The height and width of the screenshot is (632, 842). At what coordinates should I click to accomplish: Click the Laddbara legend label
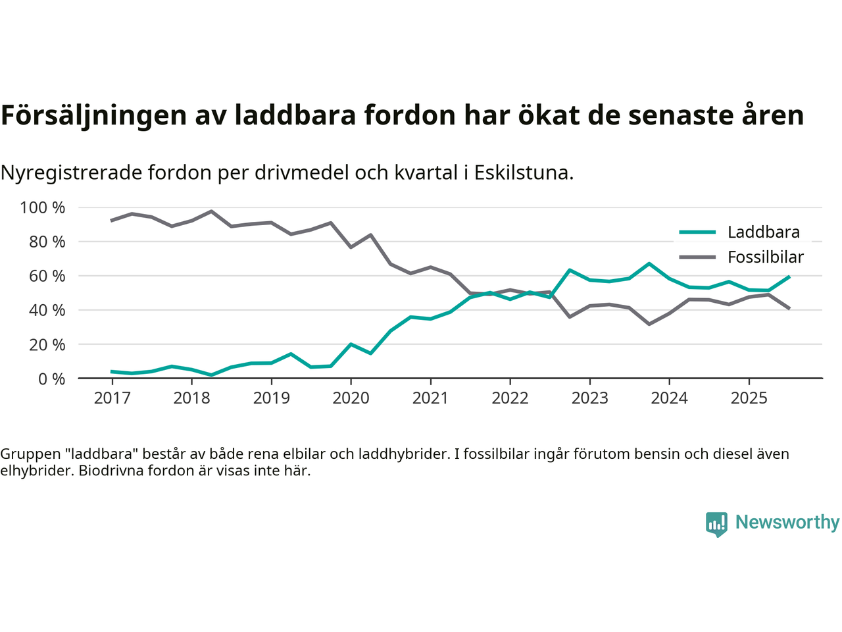click(x=763, y=232)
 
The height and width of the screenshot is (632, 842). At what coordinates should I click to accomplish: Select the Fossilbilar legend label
click(x=765, y=257)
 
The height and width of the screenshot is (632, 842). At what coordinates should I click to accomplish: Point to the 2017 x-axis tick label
click(x=112, y=398)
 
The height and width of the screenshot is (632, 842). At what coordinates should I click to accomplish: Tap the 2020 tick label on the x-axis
click(x=351, y=398)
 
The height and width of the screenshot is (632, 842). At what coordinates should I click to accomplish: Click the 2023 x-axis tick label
click(x=589, y=398)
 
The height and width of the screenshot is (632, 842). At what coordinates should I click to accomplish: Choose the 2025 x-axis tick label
click(x=749, y=398)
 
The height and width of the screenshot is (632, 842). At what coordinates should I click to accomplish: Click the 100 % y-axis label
click(x=43, y=208)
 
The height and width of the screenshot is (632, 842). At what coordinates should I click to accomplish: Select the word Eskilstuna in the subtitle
click(x=524, y=173)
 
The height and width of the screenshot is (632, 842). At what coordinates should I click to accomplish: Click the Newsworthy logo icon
click(x=716, y=524)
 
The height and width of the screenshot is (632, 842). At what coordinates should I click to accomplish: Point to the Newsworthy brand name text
click(x=787, y=523)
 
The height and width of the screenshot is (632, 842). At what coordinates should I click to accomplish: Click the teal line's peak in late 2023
click(x=649, y=263)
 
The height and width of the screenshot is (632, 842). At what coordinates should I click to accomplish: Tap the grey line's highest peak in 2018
click(x=211, y=211)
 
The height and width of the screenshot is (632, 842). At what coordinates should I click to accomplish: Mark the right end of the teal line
click(x=789, y=277)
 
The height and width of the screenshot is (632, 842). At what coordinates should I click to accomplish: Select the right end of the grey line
click(x=789, y=308)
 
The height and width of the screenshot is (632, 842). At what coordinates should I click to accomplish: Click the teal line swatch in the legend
click(x=697, y=232)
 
